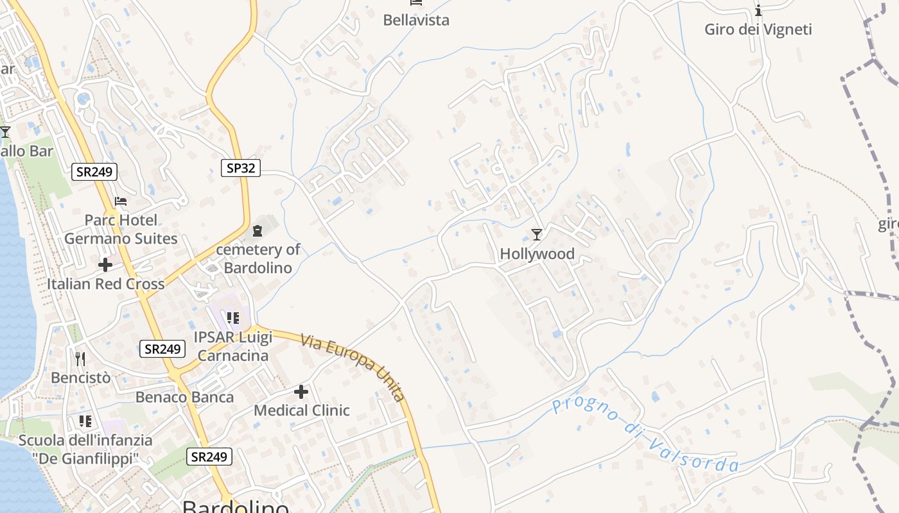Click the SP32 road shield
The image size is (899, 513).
tap(241, 168)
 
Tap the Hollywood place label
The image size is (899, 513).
tap(537, 254)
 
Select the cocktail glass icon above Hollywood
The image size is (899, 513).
tap(537, 235)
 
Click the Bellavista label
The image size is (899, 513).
tap(416, 20)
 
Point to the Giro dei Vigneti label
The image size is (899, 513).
tap(758, 29)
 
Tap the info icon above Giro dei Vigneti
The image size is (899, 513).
tap(758, 10)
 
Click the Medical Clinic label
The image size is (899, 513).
tap(302, 410)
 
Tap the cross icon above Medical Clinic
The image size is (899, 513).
tap(301, 391)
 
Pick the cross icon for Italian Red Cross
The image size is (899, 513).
tap(105, 264)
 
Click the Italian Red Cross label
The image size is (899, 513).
tap(105, 283)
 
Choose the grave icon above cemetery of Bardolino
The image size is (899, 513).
tap(257, 231)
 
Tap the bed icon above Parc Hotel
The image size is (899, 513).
tap(121, 201)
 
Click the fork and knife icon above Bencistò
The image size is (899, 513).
tap(80, 358)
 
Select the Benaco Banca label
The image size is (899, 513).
tap(184, 398)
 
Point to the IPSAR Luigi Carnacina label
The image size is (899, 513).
tap(233, 346)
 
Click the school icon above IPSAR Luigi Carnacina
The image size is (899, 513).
tap(232, 317)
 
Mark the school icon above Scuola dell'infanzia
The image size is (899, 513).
tap(85, 421)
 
